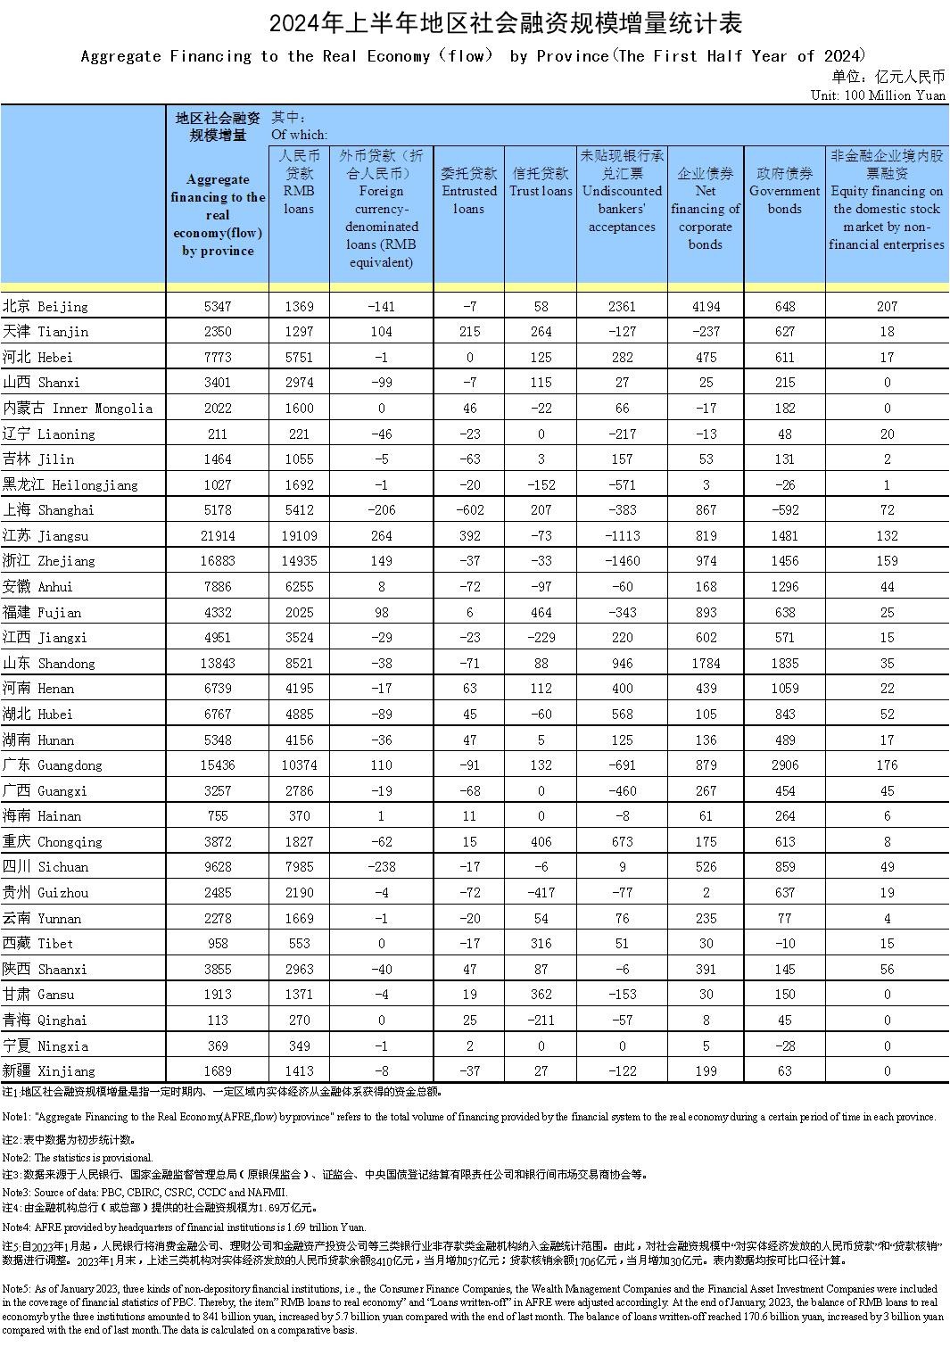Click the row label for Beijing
click(45, 307)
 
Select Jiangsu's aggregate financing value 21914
click(218, 536)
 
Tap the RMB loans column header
click(299, 182)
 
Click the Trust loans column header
click(541, 182)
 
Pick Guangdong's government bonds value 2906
click(784, 765)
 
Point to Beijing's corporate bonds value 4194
click(705, 307)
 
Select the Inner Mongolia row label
click(78, 409)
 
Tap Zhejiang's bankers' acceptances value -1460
click(622, 561)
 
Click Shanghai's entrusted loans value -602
click(470, 510)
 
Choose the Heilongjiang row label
click(70, 485)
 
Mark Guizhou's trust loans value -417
click(541, 893)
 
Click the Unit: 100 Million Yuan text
click(878, 95)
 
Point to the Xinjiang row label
click(49, 1071)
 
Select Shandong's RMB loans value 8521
click(299, 664)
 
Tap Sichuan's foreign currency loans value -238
click(381, 867)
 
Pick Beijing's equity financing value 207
click(887, 307)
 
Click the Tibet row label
click(38, 944)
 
